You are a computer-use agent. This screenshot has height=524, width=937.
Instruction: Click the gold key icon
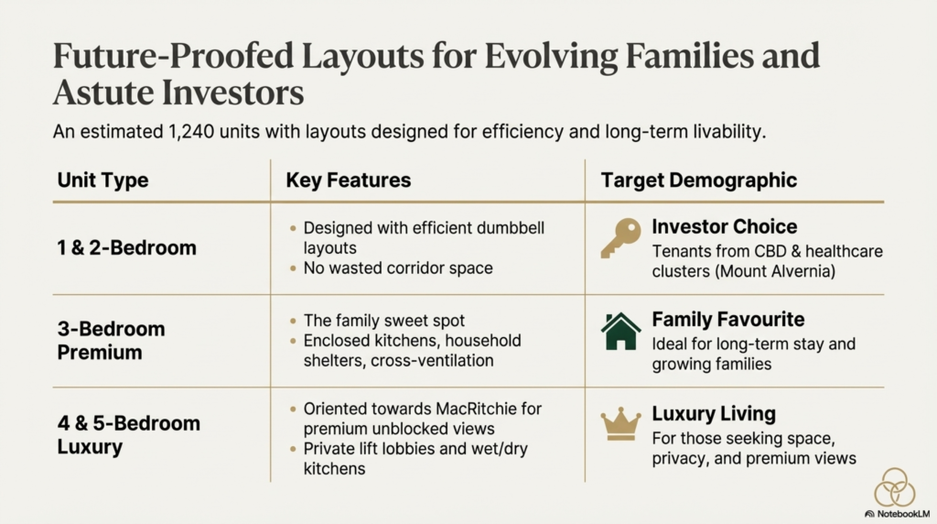tap(621, 237)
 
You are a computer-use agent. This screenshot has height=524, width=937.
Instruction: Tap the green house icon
tap(621, 331)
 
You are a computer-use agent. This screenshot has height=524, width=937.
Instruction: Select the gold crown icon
tap(621, 424)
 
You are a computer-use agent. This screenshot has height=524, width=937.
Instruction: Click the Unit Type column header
tap(102, 180)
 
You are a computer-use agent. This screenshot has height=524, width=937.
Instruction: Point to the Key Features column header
tap(349, 180)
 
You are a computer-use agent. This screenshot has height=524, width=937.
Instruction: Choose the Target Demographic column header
tap(698, 180)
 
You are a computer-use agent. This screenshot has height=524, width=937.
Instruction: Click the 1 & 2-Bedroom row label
tap(126, 247)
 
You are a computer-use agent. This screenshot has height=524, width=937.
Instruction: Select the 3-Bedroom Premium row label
tap(111, 341)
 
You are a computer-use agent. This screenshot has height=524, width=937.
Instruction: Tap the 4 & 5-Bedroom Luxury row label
tap(128, 435)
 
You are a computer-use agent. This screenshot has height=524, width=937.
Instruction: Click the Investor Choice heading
tap(725, 226)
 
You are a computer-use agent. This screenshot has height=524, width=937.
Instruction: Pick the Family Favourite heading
tap(727, 320)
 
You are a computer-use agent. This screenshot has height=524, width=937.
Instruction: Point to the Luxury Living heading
tap(714, 413)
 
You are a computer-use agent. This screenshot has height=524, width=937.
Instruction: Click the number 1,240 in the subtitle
tap(191, 132)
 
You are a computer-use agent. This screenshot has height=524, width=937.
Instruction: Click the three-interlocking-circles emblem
tap(895, 487)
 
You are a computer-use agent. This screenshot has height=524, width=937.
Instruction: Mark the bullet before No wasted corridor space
tap(293, 268)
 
